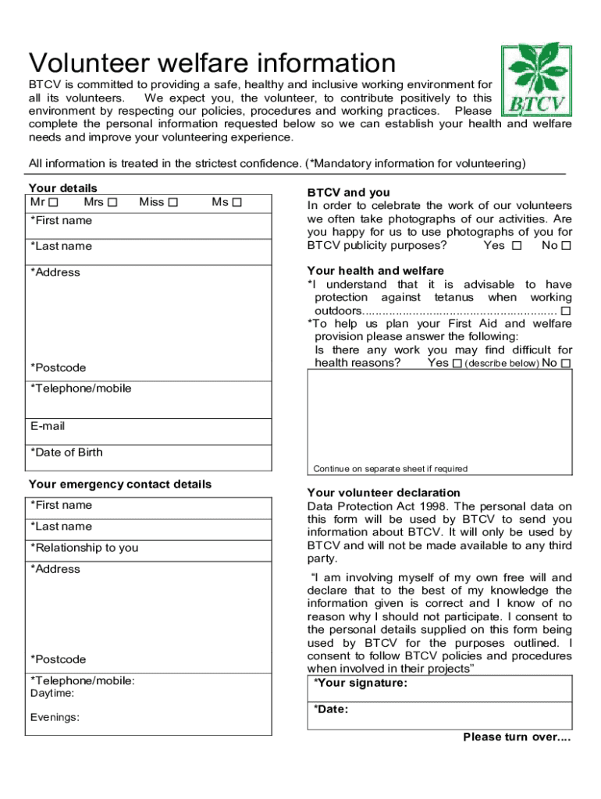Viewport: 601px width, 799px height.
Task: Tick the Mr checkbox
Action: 53,203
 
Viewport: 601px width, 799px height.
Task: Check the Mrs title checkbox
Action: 112,203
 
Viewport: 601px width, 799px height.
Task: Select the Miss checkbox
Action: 172,203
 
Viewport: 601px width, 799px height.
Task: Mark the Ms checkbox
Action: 237,203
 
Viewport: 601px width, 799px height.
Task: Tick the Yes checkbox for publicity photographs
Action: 516,246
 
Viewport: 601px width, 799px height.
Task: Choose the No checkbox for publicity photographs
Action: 566,246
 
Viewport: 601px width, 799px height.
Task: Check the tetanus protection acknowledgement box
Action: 566,311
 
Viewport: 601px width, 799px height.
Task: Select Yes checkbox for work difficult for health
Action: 457,364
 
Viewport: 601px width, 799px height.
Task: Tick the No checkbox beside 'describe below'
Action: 566,364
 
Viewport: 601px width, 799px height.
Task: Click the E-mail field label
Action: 48,426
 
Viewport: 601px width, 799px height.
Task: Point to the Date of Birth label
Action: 66,453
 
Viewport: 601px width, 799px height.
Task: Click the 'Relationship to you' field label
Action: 84,548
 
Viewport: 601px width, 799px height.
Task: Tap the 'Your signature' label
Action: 360,684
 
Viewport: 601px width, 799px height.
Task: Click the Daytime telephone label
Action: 52,694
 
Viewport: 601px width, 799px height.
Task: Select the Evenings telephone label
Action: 55,718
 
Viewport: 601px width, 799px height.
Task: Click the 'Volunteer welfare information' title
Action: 212,62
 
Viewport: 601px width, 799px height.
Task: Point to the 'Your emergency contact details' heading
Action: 120,485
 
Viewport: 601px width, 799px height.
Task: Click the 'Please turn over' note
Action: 517,737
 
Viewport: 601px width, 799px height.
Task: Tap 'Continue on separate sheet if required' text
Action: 390,469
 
